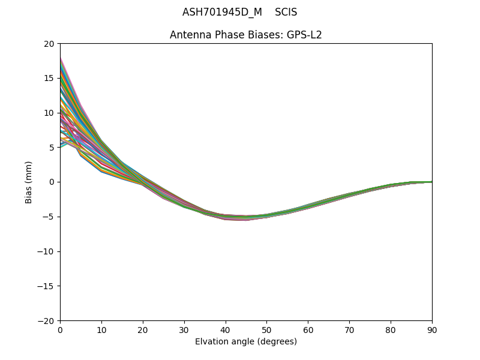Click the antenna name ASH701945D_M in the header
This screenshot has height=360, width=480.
coord(222,12)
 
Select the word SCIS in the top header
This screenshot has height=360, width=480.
coord(286,12)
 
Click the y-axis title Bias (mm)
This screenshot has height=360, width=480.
coord(29,182)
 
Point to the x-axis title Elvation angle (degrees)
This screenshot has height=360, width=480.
coord(246,341)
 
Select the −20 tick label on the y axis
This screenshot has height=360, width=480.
coord(46,320)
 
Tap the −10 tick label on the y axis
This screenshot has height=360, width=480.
coord(46,251)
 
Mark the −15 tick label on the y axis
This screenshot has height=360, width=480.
coord(46,286)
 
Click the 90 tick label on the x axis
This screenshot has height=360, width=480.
coord(432,329)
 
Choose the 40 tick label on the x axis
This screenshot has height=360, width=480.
coord(225,329)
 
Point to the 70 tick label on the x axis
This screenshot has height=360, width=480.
coord(349,329)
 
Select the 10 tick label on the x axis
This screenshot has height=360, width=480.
coord(101,329)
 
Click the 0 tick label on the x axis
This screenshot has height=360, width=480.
coord(60,329)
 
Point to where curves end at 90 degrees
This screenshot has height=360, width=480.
coord(431,182)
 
